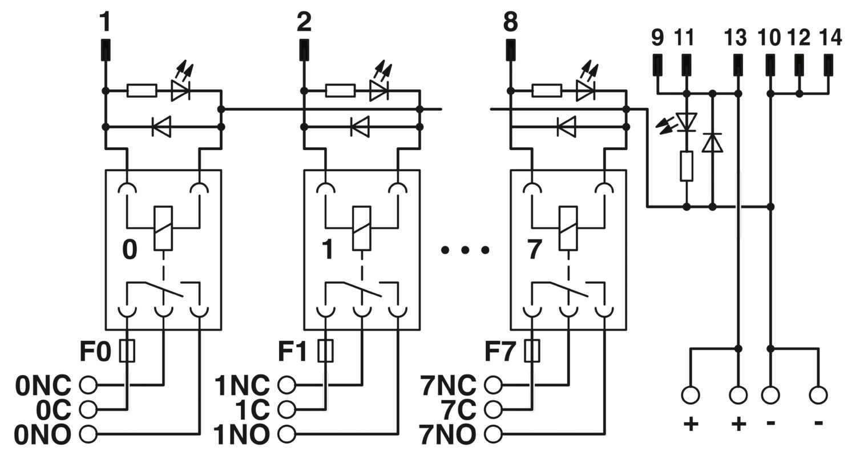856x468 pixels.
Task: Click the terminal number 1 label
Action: [105, 22]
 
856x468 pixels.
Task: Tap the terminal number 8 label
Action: [511, 22]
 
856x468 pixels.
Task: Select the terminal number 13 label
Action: [735, 38]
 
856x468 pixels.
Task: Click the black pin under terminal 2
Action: [304, 50]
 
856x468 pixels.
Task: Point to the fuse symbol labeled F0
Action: [127, 350]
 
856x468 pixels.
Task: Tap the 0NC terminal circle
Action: [88, 385]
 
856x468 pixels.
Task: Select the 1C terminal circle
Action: [286, 410]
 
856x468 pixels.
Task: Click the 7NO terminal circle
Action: [493, 434]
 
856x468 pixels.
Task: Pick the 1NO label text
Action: [241, 435]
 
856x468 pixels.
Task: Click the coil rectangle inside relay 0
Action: [163, 228]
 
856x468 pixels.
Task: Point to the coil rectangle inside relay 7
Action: [568, 228]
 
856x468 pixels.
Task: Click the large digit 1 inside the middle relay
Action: [328, 249]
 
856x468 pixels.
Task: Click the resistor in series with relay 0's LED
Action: [142, 91]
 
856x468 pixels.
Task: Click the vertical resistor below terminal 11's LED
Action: [687, 166]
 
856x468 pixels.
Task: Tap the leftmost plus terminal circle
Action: [691, 394]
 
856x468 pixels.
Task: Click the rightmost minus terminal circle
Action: [818, 394]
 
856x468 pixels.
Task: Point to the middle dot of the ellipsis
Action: [465, 250]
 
